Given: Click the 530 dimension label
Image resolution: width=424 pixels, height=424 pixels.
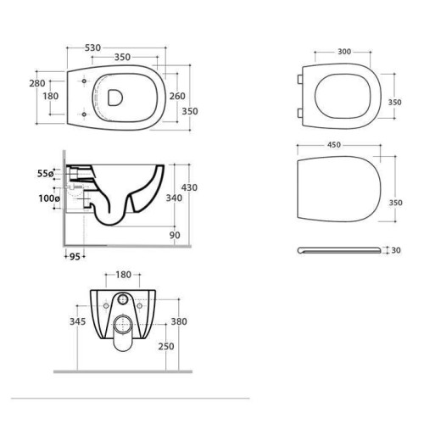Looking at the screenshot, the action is [x=92, y=48].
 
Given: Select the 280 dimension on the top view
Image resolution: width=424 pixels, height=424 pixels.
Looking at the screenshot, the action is [x=37, y=83].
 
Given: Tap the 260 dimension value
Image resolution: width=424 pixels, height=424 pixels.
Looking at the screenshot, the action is [x=177, y=96].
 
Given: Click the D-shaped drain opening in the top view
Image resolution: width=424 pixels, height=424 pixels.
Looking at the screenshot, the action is [x=115, y=98].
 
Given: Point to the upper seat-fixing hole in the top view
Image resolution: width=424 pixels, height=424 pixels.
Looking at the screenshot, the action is [x=84, y=81].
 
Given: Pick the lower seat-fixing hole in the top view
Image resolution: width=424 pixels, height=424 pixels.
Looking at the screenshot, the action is [x=84, y=114].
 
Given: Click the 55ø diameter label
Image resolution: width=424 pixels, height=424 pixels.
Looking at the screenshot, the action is [x=45, y=173].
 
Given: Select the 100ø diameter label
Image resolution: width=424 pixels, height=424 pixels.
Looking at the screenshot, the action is [x=49, y=198].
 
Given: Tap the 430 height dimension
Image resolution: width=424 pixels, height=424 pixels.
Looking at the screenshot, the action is [x=189, y=187].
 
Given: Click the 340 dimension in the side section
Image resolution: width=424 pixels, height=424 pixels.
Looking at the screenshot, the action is [x=174, y=198].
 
